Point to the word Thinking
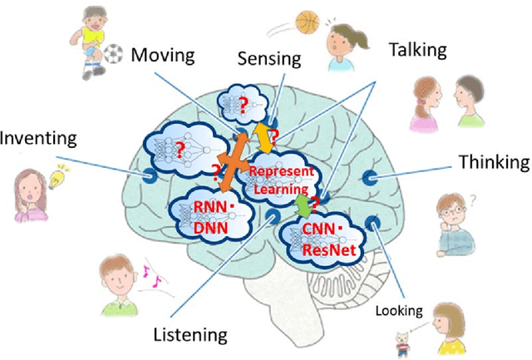[x=494, y=161]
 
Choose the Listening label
[x=190, y=335]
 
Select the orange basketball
[x=307, y=21]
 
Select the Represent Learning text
[x=282, y=178]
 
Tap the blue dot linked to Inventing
[x=150, y=175]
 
